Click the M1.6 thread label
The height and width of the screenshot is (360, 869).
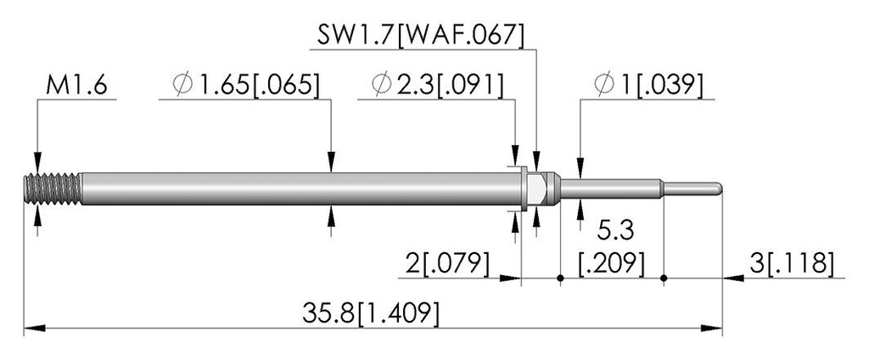click(x=76, y=87)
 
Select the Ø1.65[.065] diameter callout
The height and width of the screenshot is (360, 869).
click(x=246, y=87)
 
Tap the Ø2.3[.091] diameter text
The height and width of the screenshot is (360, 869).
click(x=438, y=87)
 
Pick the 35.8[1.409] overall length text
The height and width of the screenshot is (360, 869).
click(x=371, y=314)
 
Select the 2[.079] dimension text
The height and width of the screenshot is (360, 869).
click(x=447, y=263)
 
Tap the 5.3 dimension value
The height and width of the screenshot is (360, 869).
click(x=612, y=229)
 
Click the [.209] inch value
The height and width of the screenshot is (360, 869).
click(x=612, y=263)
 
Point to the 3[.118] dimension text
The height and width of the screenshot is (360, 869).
click(x=792, y=263)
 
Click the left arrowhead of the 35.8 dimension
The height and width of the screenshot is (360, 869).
click(x=34, y=329)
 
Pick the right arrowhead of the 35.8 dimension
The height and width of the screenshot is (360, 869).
click(x=712, y=329)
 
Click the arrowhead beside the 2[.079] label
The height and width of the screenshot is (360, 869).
click(x=510, y=278)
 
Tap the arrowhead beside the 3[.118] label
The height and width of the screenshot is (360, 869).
click(x=734, y=278)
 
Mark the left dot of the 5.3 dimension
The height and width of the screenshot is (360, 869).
click(x=560, y=278)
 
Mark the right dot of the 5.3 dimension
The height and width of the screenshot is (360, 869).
click(x=664, y=278)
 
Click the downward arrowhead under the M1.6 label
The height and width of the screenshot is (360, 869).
click(x=37, y=162)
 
